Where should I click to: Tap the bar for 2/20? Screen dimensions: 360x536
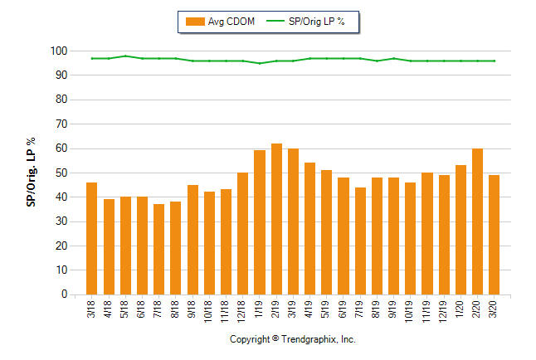pos(477,221)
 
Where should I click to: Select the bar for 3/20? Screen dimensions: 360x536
pos(495,235)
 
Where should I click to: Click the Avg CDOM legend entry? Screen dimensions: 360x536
pos(220,22)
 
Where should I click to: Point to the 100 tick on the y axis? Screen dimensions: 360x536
pos(58,51)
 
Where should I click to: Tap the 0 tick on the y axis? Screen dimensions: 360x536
pos(63,294)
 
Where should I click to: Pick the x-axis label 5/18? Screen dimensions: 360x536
pos(125,309)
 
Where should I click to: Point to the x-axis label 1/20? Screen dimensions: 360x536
pos(460,309)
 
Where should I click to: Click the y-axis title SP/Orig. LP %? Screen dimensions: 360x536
pos(31,173)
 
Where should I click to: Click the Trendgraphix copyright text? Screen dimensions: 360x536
pos(292,340)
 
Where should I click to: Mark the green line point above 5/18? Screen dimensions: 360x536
pos(125,56)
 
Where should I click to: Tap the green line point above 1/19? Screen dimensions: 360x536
pos(259,63)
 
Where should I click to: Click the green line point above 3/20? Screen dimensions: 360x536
pos(495,61)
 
